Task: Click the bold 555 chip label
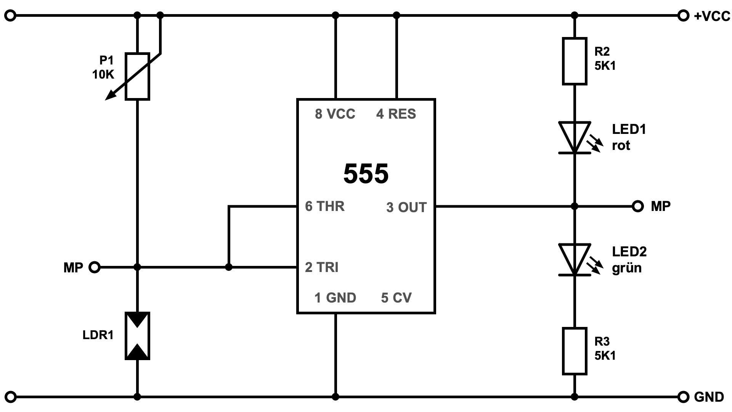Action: [x=366, y=174]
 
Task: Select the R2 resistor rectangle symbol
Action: [x=575, y=61]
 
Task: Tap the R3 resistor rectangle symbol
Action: [x=575, y=351]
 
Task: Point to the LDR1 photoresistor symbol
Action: [x=137, y=336]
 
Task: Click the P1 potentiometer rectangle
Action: [x=137, y=76]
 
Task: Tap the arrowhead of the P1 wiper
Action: [x=109, y=97]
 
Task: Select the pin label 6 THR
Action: [x=325, y=206]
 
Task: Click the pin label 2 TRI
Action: [x=322, y=267]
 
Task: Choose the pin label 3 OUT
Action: [x=406, y=208]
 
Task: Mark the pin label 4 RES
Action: [x=396, y=114]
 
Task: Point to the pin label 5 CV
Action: [x=396, y=298]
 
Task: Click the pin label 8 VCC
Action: [x=335, y=114]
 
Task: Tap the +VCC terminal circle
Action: [x=684, y=16]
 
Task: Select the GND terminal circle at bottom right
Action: [x=684, y=397]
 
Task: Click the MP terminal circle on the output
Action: [x=637, y=206]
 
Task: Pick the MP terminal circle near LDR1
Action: [x=94, y=267]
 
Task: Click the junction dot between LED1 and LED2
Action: [x=575, y=206]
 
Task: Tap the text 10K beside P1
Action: [x=103, y=74]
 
